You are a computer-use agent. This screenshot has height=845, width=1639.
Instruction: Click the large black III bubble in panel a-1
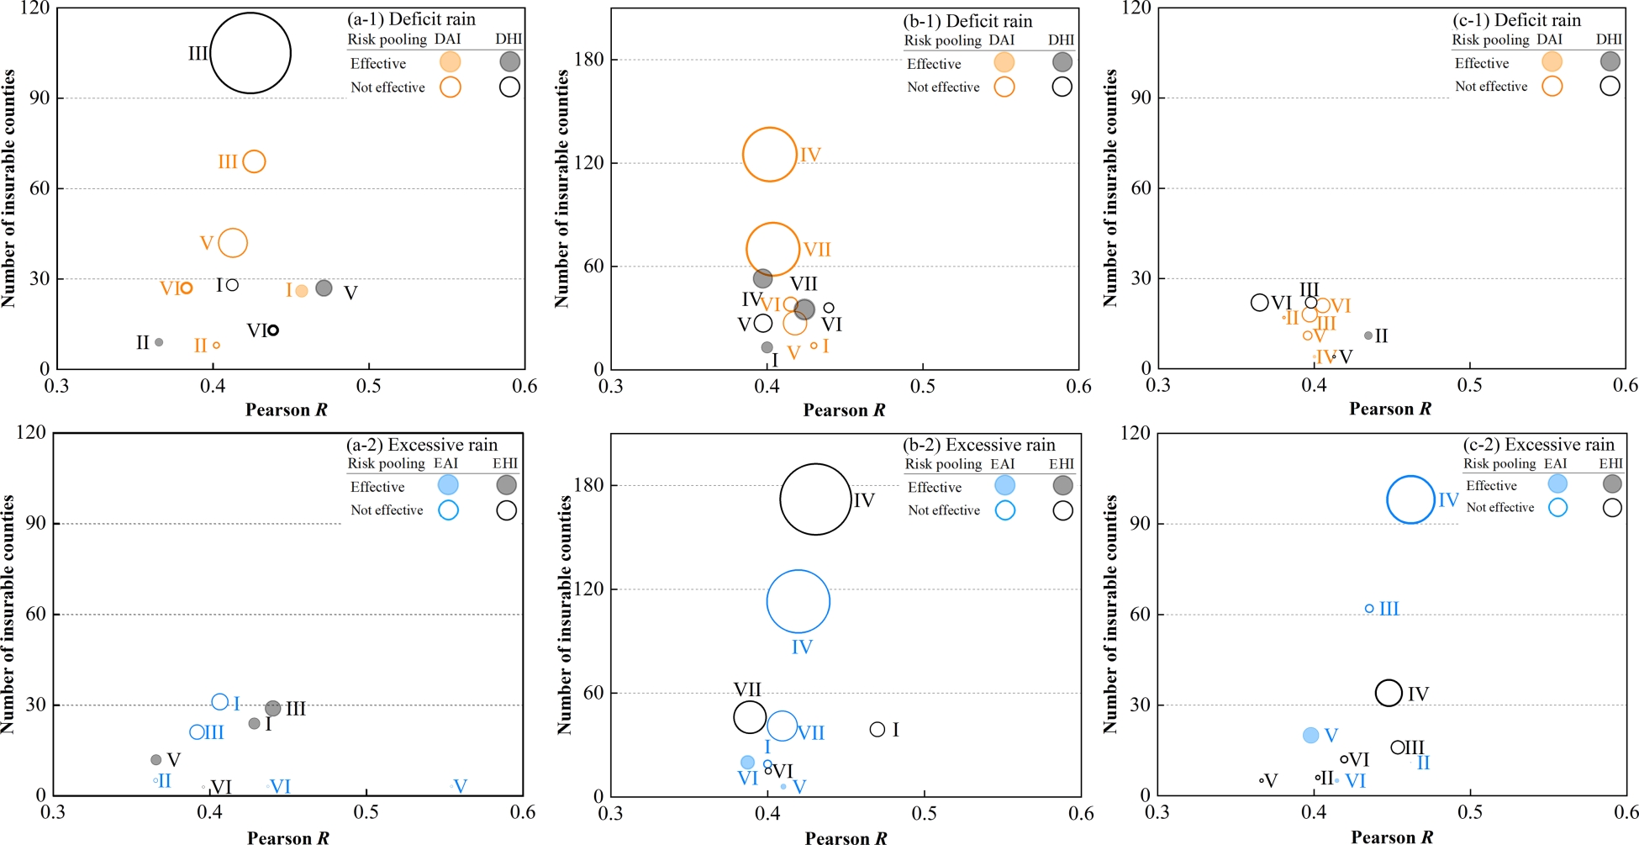click(x=250, y=53)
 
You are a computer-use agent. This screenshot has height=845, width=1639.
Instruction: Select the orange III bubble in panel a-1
click(x=254, y=161)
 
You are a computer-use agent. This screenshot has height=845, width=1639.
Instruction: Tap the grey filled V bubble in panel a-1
click(x=324, y=288)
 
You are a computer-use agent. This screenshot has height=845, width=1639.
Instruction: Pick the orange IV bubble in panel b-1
click(x=769, y=155)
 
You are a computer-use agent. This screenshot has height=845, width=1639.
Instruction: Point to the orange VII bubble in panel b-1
click(x=772, y=249)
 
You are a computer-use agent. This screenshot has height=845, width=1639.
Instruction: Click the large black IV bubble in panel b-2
click(x=814, y=499)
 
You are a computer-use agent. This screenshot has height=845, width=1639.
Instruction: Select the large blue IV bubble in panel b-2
click(x=798, y=601)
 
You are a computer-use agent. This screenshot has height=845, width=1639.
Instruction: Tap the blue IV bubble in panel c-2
click(x=1410, y=499)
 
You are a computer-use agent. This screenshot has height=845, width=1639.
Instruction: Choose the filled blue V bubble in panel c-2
click(x=1310, y=735)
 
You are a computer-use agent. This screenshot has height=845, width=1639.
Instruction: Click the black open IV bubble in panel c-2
click(x=1389, y=693)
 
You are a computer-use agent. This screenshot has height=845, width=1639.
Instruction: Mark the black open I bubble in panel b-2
click(x=877, y=729)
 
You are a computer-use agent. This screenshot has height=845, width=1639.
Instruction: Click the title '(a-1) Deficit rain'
click(x=411, y=19)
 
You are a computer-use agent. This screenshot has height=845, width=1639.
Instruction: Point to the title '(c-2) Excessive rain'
click(x=1538, y=445)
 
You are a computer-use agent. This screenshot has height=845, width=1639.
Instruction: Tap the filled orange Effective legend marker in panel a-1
click(x=450, y=61)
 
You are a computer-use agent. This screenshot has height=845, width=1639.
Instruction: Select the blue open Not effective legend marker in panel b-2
click(x=1004, y=510)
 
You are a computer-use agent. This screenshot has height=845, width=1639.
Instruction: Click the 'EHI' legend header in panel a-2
click(x=505, y=463)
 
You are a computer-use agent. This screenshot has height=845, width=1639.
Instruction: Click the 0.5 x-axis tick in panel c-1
click(x=1469, y=385)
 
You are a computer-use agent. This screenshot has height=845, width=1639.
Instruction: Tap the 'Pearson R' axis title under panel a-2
click(x=287, y=837)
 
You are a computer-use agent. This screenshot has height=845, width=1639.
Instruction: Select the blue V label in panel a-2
click(x=460, y=786)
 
